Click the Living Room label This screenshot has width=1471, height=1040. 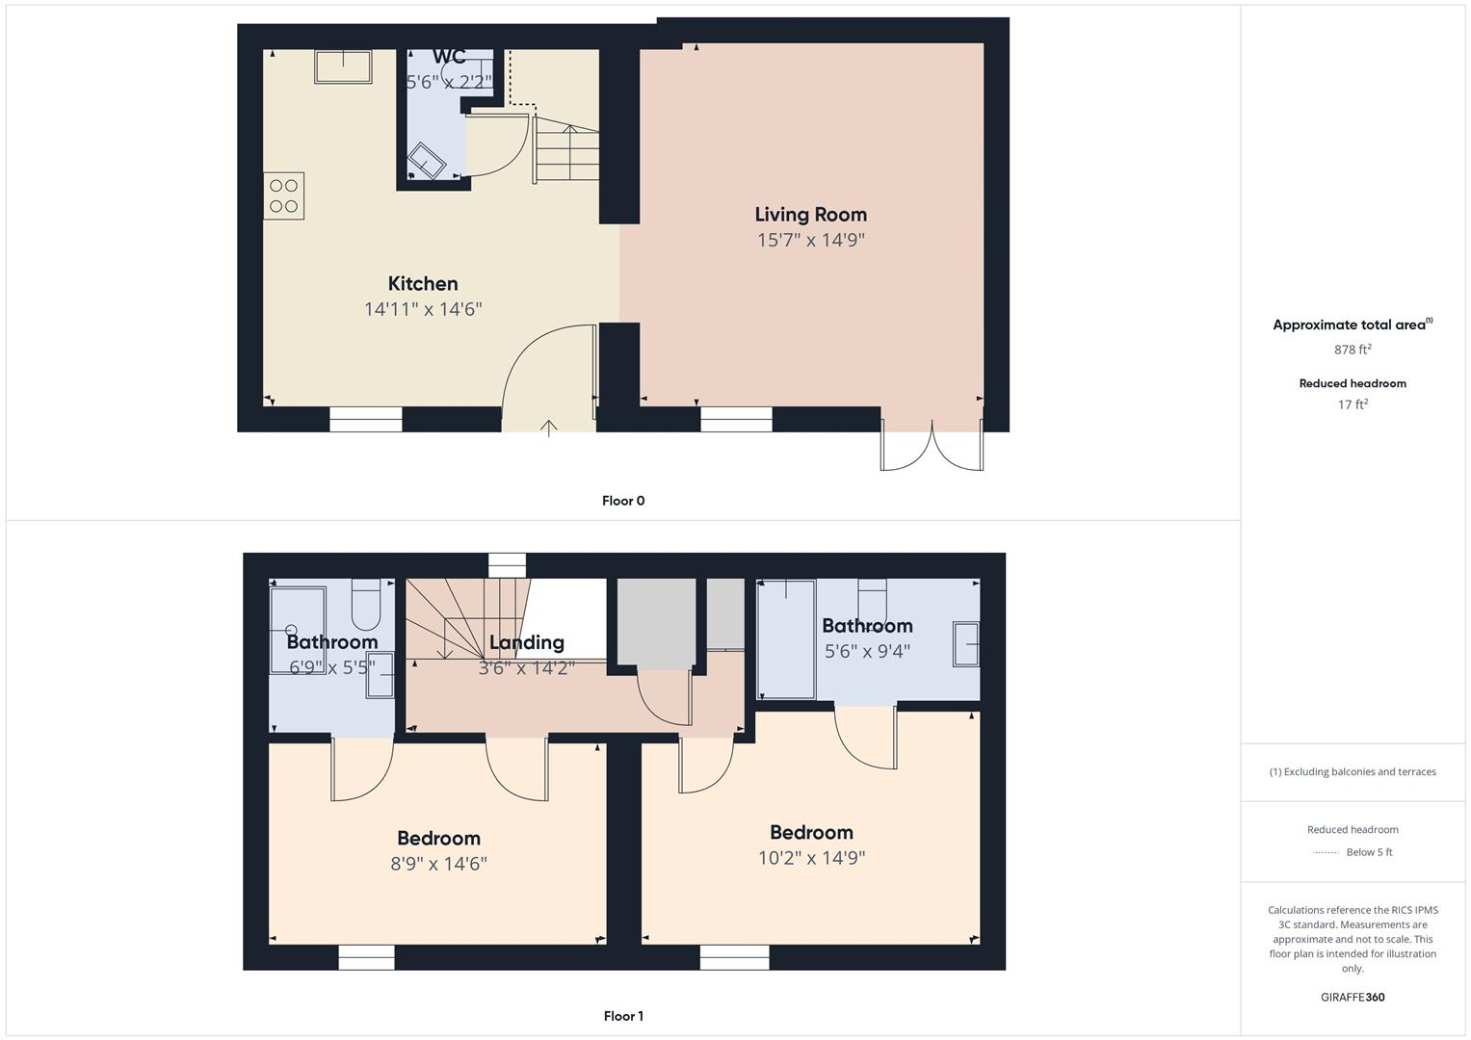pos(810,215)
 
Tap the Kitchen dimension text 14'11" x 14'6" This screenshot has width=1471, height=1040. pos(423,309)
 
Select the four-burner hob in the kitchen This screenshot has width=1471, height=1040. pos(284,195)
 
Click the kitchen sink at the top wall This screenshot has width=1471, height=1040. pos(343,66)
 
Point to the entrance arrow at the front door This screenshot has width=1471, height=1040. pos(549,428)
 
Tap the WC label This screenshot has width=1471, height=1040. pos(449,57)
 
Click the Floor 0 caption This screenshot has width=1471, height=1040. pos(623,501)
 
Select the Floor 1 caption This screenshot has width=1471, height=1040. pos(623,1016)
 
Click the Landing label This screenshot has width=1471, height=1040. pos(526,642)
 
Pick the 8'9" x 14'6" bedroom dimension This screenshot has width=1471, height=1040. pos(438,864)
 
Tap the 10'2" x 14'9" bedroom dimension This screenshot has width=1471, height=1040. pos(811,858)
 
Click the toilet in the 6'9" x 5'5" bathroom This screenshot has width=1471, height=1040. pos(367,604)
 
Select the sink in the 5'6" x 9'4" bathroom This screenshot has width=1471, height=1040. pos(966,644)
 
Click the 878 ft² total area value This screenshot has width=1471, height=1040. pos(1353,350)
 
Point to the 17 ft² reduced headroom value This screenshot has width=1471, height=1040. pos(1353,404)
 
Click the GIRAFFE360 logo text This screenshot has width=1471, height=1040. pos(1353,997)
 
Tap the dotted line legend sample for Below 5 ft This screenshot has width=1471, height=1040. pos(1327,852)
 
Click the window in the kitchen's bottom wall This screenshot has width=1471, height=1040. pos(366,419)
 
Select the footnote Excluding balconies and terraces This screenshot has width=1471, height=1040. pos(1353,771)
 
